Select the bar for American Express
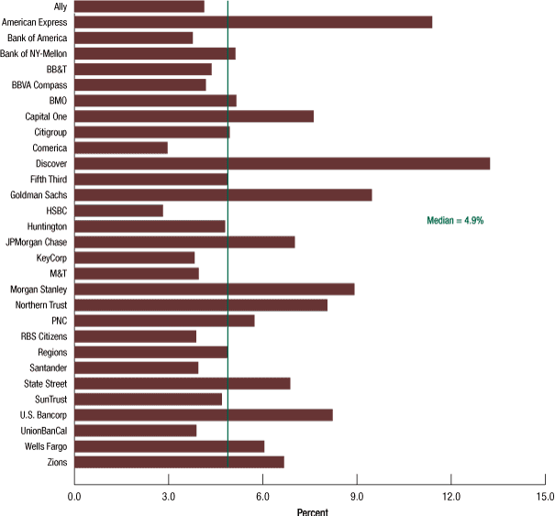coord(252,22)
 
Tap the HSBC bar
coord(118,211)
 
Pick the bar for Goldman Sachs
coord(223,194)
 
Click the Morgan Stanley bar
coord(214,289)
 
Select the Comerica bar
coord(120,148)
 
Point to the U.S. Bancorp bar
coord(203,414)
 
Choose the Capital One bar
coord(194,116)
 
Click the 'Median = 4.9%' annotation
coord(455,220)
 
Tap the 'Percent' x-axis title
coord(313,511)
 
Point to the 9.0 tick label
coord(357,496)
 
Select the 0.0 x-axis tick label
coord(74,496)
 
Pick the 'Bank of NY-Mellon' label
coord(34,54)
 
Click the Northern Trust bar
coord(200,304)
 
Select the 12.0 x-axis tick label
coord(451,496)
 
